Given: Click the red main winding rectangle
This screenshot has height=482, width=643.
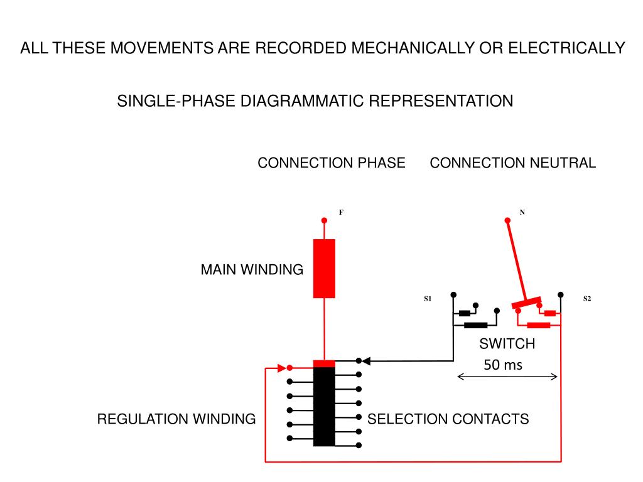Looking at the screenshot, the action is tap(324, 269).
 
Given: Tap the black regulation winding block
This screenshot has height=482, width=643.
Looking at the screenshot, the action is tap(324, 407).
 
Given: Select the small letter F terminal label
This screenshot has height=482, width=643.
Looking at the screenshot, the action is tap(341, 212).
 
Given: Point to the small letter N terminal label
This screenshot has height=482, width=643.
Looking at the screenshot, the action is tap(522, 212).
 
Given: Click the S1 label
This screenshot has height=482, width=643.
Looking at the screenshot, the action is tap(428, 299).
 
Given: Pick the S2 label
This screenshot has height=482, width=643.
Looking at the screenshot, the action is tap(587, 299).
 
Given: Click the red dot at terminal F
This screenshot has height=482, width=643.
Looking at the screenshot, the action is tap(324, 220).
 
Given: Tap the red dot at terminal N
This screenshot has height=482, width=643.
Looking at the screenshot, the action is tap(507, 220).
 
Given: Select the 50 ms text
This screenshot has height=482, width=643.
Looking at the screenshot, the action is tap(503, 365).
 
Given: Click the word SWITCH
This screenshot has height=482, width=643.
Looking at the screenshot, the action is tap(507, 343).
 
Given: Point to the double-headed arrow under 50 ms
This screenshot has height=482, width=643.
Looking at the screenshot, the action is tap(507, 377).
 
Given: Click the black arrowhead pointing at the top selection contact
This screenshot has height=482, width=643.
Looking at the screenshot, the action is tap(366, 361).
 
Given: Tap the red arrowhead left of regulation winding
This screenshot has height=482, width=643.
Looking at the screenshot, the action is tap(282, 368).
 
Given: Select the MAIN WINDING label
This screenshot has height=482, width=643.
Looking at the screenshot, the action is tap(252, 270).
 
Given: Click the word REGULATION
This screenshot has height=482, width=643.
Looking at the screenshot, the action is tap(143, 419).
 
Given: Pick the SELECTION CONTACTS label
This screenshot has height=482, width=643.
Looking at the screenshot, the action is tap(448, 419).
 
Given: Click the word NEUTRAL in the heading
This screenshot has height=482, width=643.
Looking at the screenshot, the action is tap(563, 163).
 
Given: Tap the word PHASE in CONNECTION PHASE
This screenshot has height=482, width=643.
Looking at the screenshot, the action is tap(381, 163).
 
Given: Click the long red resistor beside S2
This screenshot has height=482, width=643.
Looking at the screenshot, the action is tap(538, 326).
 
